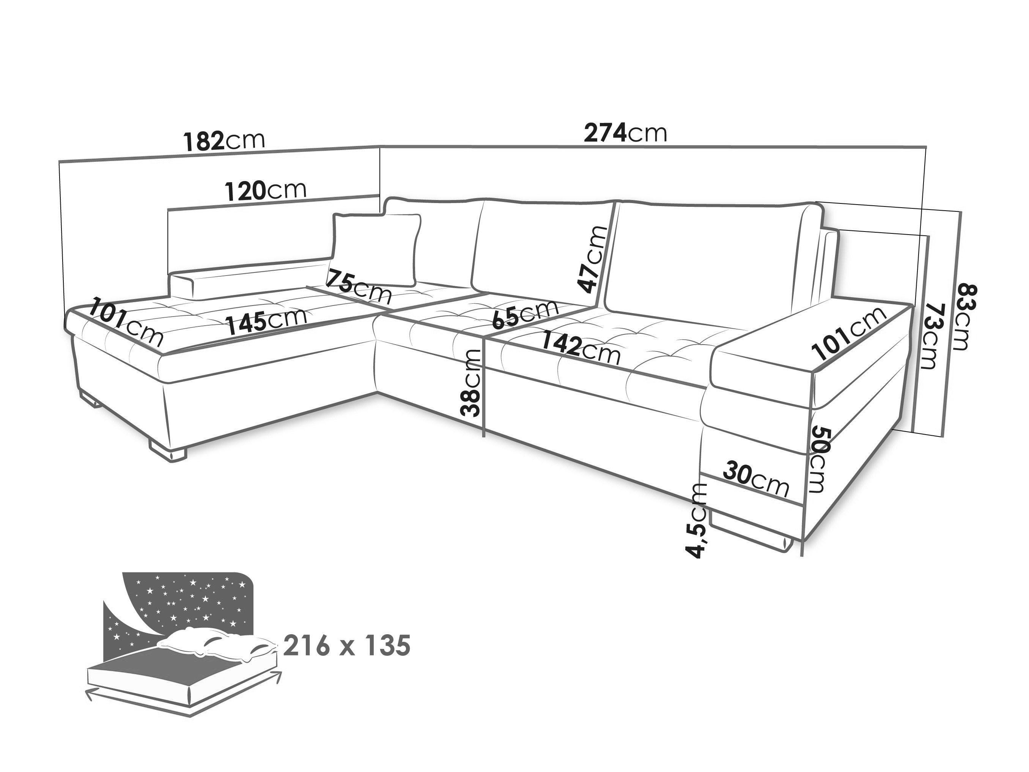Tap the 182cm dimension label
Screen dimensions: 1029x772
(x=224, y=140)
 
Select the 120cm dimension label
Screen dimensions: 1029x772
(x=266, y=190)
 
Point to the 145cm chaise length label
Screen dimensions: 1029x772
(x=267, y=320)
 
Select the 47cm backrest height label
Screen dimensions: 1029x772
(x=592, y=259)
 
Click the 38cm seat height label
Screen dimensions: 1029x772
(x=470, y=383)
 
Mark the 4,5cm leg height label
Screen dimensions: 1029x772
(x=697, y=520)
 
